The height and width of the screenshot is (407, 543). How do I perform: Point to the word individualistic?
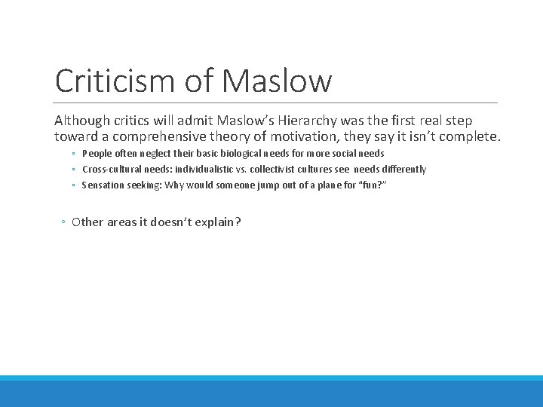point(207,170)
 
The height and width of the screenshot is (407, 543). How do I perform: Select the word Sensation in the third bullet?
point(103,185)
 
